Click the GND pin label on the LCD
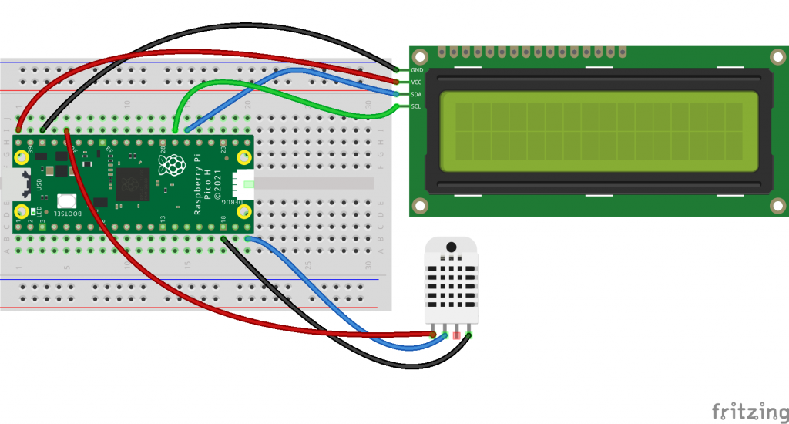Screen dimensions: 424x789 point(417,70)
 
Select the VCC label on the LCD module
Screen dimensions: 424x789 point(417,82)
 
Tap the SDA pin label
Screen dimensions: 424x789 point(417,94)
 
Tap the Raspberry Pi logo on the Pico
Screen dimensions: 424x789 point(172,164)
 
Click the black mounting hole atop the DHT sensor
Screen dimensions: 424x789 point(451,247)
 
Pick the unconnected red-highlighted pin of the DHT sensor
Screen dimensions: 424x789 point(457,336)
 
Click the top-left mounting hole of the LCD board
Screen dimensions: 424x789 point(419,57)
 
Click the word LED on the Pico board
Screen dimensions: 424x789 point(33,212)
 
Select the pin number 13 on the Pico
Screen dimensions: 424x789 point(163,221)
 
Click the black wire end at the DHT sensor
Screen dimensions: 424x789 point(468,335)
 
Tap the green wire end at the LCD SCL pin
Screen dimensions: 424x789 point(401,107)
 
